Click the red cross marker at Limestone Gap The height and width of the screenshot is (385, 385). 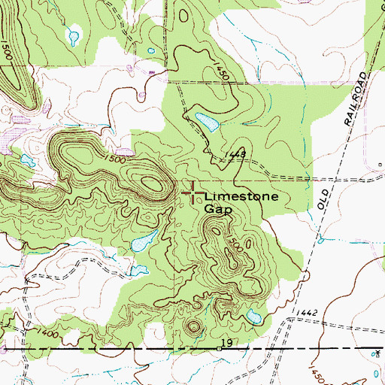click(192, 193)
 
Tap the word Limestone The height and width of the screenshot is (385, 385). click(241, 197)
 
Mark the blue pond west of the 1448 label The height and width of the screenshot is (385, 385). click(205, 120)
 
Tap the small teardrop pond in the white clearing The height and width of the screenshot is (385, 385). click(74, 34)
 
